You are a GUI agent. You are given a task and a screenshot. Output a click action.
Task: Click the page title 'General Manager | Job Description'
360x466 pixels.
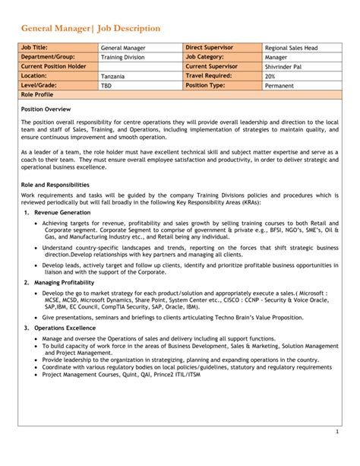90,28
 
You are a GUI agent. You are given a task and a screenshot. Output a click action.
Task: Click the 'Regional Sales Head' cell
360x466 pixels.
291,47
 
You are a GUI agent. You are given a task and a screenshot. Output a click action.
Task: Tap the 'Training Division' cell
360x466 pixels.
123,57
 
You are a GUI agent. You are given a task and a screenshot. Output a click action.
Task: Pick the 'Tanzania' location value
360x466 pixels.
114,77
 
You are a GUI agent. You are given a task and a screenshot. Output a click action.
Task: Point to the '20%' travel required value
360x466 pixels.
270,77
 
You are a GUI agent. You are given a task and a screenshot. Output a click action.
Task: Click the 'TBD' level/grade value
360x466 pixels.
107,87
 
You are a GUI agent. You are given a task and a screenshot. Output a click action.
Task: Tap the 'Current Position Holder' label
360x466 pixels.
54,67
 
